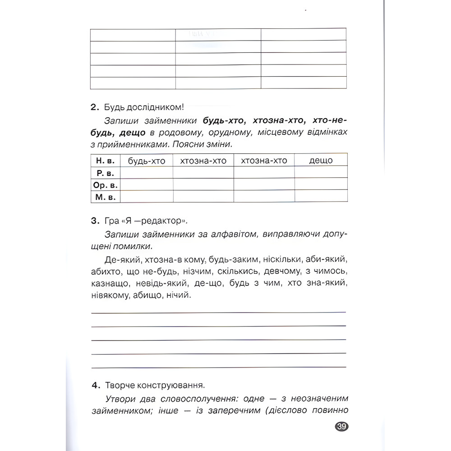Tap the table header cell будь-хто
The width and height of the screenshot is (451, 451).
[x=147, y=161]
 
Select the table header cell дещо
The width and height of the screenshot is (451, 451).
[x=321, y=160]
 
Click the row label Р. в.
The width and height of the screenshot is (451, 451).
[x=106, y=172]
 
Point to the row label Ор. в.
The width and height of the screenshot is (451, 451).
[x=106, y=184]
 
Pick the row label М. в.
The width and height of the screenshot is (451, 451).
[x=106, y=197]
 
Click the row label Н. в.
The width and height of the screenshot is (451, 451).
[x=106, y=161]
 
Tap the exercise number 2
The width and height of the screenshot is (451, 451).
[x=94, y=107]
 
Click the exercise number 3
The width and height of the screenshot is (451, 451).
[x=94, y=221]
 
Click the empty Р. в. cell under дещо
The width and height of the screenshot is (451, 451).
[x=321, y=172]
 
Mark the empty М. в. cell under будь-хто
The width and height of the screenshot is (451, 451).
[x=147, y=197]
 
